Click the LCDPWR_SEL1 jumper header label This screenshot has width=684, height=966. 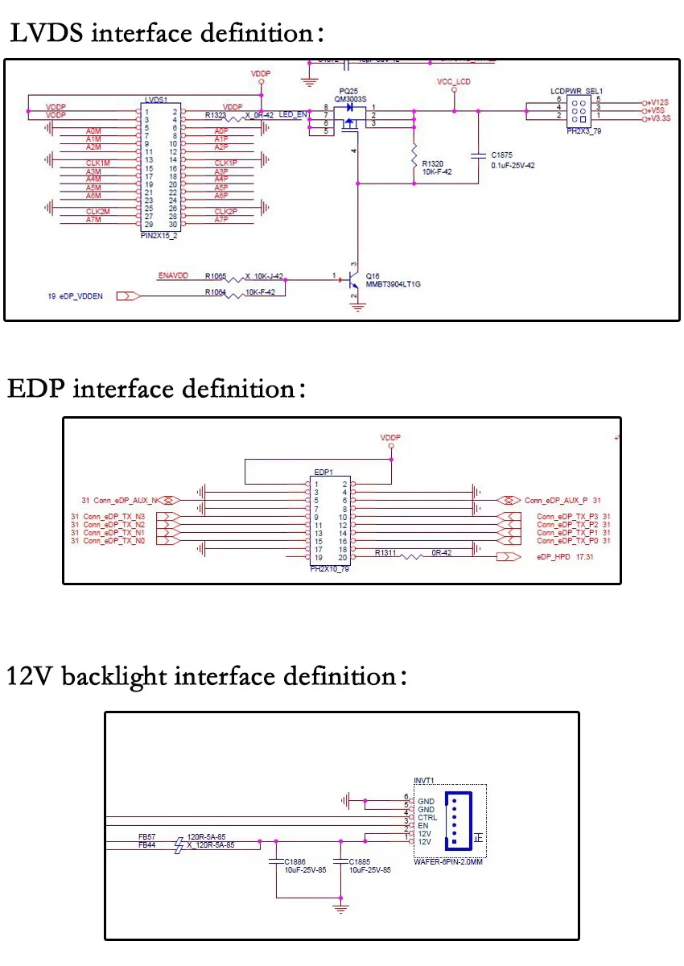(x=577, y=92)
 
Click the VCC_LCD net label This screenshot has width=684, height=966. (x=453, y=82)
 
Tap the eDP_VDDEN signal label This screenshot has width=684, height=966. (x=80, y=296)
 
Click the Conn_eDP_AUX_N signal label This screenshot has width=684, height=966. (x=126, y=500)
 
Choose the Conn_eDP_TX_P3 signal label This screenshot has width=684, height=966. (x=567, y=516)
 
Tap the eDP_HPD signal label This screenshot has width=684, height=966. (x=553, y=556)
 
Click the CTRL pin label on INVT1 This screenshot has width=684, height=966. (x=428, y=817)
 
